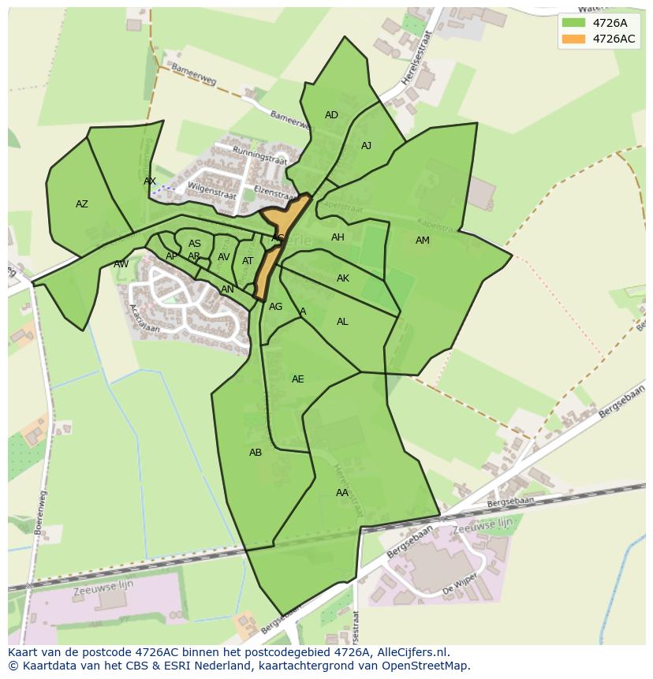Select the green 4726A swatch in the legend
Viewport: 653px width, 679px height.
pos(573,23)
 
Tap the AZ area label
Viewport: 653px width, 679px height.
pos(82,204)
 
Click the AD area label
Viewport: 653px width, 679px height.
pos(331,115)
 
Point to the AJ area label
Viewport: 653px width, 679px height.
pos(366,146)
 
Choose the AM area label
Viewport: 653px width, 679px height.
pos(423,241)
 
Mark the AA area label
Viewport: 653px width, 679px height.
pos(341,493)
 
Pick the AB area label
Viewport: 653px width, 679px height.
pos(256,453)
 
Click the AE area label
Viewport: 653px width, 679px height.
pos(297,379)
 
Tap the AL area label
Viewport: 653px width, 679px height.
pos(342,322)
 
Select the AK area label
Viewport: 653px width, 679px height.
pos(343,278)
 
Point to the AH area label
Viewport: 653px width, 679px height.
pos(338,237)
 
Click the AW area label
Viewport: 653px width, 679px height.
pos(121,264)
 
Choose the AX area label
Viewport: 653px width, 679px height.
pos(150,181)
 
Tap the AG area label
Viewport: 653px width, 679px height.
pos(275,307)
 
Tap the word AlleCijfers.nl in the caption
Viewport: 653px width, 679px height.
pos(412,652)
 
